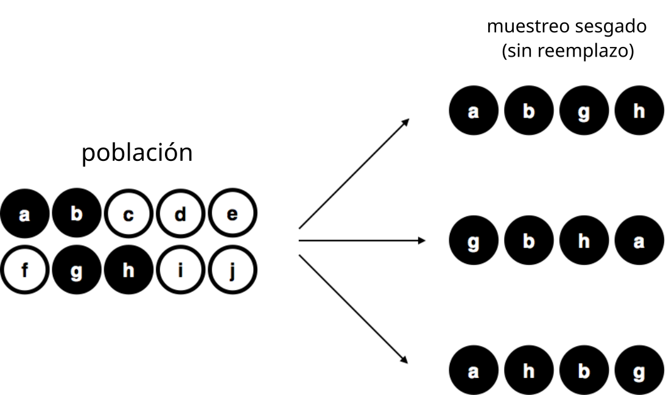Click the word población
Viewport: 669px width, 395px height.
(137, 152)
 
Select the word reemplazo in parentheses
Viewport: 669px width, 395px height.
(583, 51)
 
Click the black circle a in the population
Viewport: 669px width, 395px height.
(24, 213)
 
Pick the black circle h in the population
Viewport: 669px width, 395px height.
(128, 269)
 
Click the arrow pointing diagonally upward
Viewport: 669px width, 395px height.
(354, 173)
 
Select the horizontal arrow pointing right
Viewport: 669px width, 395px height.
(362, 240)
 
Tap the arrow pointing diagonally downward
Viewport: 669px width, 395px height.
(353, 309)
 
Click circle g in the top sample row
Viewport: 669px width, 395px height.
(584, 110)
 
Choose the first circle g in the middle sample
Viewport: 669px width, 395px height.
(474, 240)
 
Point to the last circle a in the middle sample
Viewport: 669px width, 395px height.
(639, 240)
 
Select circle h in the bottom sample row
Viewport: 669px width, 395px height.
(528, 370)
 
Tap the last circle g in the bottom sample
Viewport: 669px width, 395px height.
(639, 370)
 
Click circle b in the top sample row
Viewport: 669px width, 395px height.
(528, 110)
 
